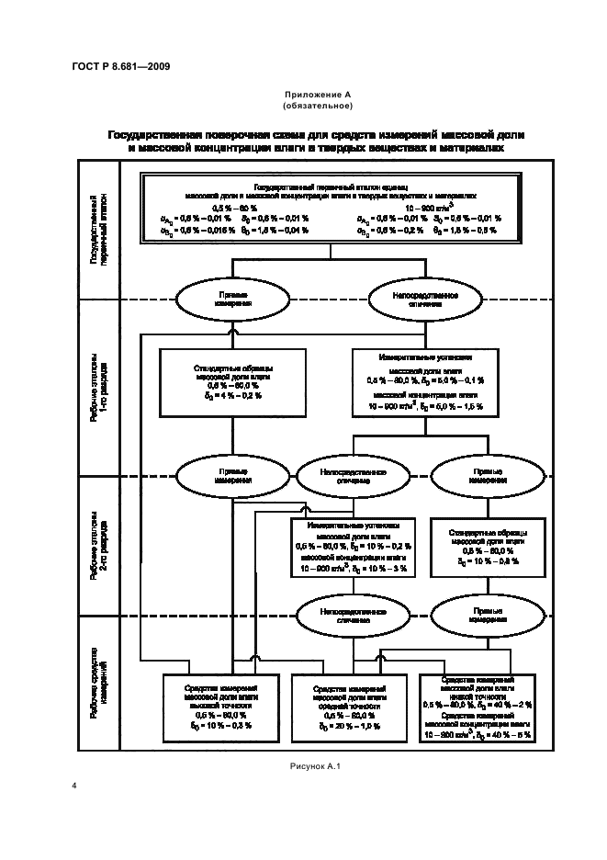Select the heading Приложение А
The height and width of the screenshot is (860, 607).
[x=304, y=95]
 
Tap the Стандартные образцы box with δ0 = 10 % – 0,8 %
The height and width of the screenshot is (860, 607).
[x=487, y=549]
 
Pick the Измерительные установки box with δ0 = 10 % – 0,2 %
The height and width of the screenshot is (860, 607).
[x=354, y=547]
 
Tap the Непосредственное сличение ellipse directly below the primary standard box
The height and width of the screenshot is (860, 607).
[x=425, y=298]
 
